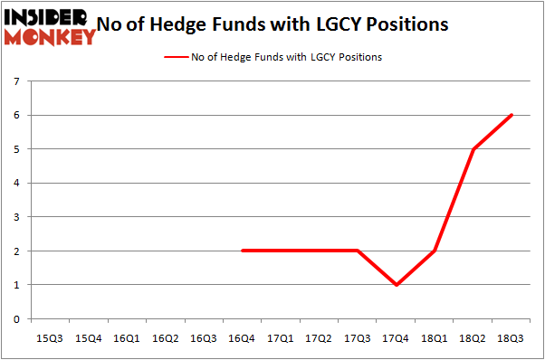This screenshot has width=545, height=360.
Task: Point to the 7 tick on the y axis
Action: click(17, 81)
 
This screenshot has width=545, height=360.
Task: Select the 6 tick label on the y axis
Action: click(17, 115)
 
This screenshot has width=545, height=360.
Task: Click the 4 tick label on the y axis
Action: click(17, 183)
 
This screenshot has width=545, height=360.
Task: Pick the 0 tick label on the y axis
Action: click(17, 318)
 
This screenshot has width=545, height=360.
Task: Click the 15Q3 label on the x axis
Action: click(50, 338)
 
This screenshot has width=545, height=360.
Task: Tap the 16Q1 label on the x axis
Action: click(127, 338)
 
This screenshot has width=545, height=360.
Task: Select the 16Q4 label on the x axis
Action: click(242, 338)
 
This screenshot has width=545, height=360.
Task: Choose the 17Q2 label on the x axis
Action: click(319, 338)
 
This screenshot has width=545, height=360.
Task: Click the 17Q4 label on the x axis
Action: click(396, 338)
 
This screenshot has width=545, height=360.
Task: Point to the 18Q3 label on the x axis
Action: click(512, 338)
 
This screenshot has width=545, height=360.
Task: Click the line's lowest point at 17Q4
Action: click(397, 285)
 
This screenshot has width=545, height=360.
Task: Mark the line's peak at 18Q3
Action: click(512, 115)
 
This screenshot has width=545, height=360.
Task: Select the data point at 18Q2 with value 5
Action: click(473, 149)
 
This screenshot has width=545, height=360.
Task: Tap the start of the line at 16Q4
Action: click(243, 251)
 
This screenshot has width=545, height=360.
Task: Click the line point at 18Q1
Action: click(435, 251)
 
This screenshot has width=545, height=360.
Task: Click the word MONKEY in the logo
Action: click(50, 37)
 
